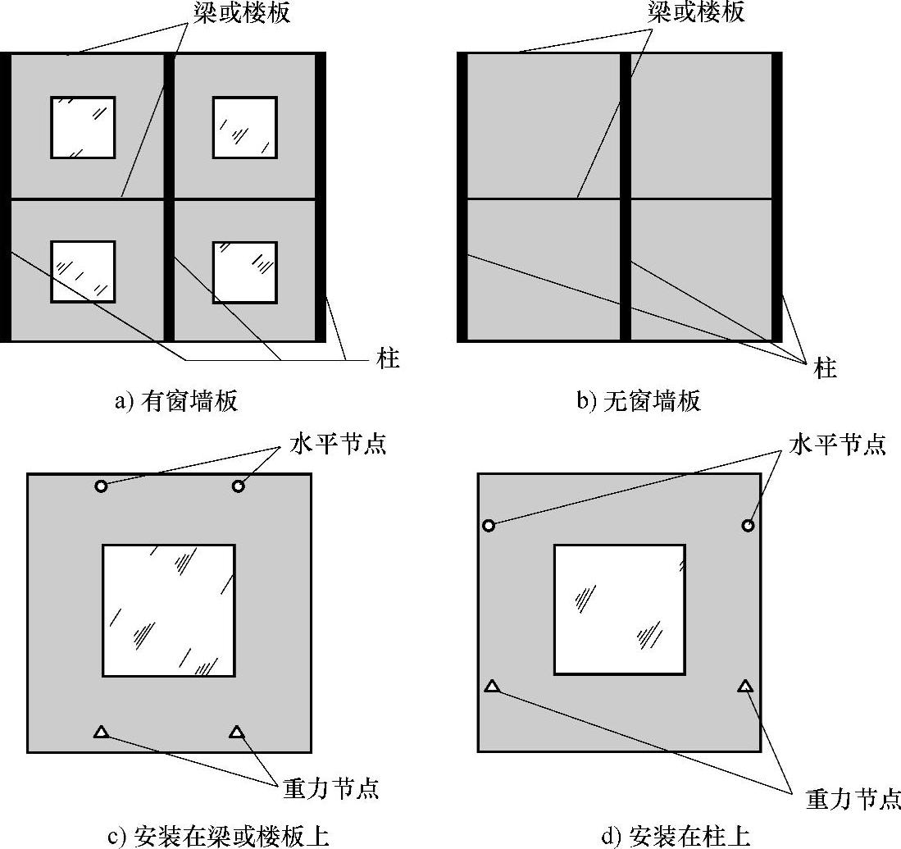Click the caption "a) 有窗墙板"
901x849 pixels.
pos(176,400)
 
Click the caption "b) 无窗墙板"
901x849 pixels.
pos(639,400)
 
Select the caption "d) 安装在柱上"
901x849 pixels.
pos(676,837)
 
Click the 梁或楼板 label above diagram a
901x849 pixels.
pos(241,12)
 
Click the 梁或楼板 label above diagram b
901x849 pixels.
pos(696,11)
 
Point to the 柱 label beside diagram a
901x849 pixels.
pos(388,358)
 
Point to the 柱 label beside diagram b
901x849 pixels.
pos(825,367)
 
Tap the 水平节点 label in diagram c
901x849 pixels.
pos(338,443)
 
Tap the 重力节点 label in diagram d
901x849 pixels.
pos(853,799)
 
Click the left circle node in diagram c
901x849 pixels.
pos(101,486)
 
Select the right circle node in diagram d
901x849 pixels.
pos(748,525)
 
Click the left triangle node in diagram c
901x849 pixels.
pos(101,732)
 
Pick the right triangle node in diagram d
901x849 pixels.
pos(746,686)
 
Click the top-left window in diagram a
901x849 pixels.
pos(83,127)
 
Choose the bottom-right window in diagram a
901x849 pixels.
pos(245,272)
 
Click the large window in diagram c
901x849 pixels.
pos(169,609)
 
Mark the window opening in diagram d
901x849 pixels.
pos(620,609)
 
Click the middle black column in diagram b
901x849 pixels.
pos(626,197)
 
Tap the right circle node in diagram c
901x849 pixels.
pos(238,486)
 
